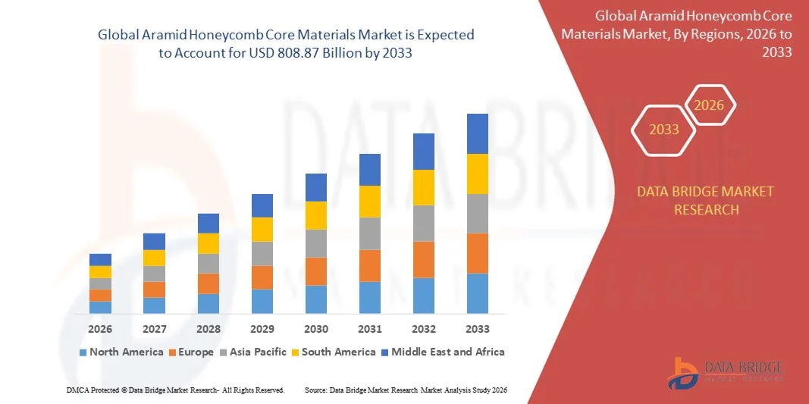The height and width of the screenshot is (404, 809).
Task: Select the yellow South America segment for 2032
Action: [x=423, y=187]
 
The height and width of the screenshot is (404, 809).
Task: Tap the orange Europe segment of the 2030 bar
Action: [x=315, y=271]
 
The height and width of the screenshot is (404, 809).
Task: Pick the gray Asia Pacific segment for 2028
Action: [x=208, y=263]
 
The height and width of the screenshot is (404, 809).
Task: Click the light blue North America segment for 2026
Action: [x=100, y=307]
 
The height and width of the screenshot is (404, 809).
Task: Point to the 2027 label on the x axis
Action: [x=154, y=329]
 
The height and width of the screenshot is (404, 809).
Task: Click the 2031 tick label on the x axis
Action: [x=369, y=329]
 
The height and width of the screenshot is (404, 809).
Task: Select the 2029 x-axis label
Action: [x=262, y=329]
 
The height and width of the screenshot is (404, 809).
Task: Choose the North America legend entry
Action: [x=121, y=352]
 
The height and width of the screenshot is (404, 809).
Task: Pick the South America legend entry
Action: [x=333, y=352]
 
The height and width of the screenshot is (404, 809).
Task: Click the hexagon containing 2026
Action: [x=710, y=105]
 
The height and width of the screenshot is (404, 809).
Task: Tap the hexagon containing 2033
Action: [x=664, y=130]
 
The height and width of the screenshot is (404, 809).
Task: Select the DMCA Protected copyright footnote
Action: [x=175, y=390]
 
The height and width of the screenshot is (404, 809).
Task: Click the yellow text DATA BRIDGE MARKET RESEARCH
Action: [x=706, y=200]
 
